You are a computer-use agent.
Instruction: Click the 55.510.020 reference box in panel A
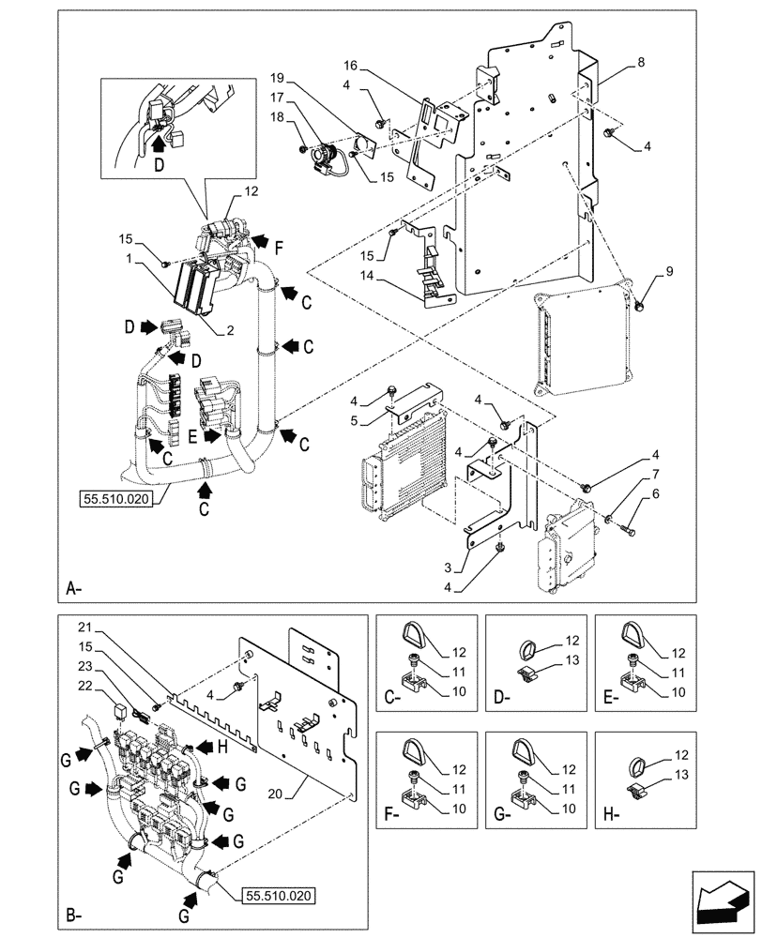coord(115,499)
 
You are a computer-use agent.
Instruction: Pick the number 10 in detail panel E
coord(678,691)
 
